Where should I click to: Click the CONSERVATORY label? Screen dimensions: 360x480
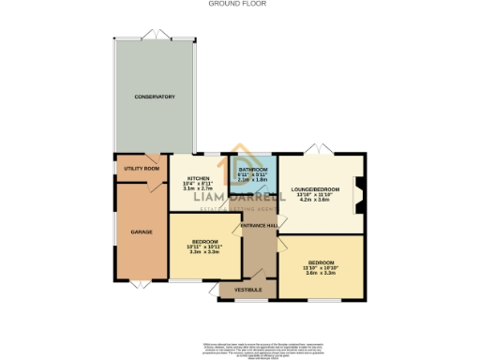coord(155,97)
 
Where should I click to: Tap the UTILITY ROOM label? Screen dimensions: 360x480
coord(142,169)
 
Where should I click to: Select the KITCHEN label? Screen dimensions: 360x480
coord(198,177)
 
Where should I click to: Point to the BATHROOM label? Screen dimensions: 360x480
coord(252,169)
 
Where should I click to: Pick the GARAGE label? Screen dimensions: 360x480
coord(142,232)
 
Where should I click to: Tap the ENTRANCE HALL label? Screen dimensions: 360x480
coord(259,226)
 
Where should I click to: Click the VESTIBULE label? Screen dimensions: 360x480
coord(247,291)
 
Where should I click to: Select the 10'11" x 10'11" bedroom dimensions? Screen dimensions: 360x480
coord(204,247)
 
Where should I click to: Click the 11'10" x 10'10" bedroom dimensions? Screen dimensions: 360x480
coord(321,268)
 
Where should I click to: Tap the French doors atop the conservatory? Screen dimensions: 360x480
coord(155,37)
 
